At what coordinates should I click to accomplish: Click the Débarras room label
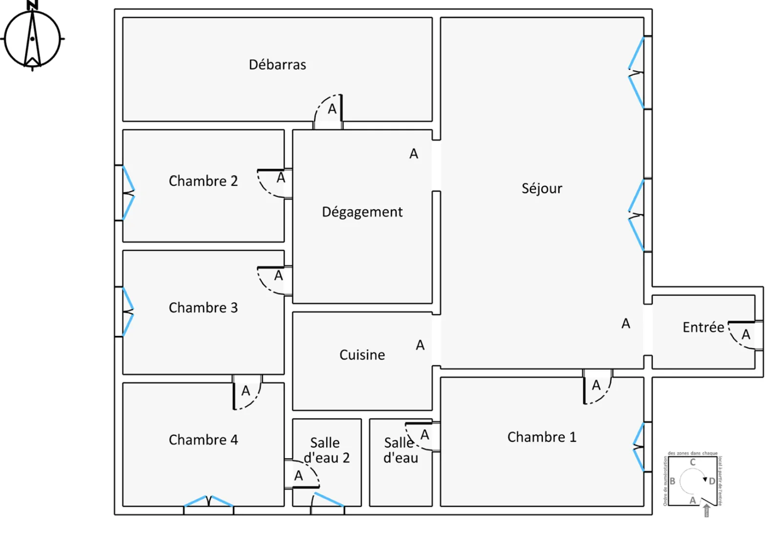pos(277,65)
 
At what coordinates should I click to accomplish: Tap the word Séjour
pos(541,188)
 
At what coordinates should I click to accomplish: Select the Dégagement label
pos(362,212)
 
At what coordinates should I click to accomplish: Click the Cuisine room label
pos(362,355)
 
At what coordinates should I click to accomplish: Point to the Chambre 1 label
pos(541,437)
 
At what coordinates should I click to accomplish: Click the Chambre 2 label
pos(203,181)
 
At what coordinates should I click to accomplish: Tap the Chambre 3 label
pos(203,308)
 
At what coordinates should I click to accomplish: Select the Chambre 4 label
pos(203,440)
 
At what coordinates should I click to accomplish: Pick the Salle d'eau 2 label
pos(326,450)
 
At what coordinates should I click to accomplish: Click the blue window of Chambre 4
pos(209,501)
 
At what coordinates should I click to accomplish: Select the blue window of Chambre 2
pos(128,193)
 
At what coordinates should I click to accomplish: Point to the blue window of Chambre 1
pos(639,447)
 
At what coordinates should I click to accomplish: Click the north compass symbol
pos(32,38)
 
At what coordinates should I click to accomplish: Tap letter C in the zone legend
pos(692,462)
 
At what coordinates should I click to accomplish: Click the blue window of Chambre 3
pos(128,312)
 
